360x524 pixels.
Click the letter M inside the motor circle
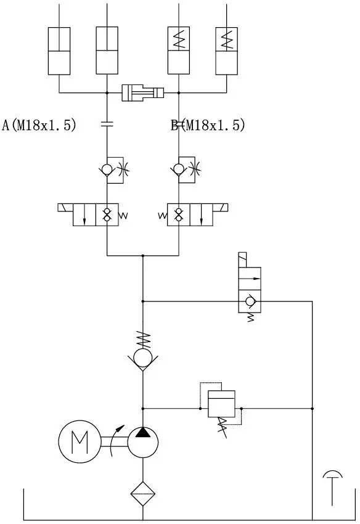pyautogui.click(x=80, y=441)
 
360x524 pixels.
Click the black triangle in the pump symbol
pyautogui.click(x=143, y=432)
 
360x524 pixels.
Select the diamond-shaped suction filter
pyautogui.click(x=143, y=494)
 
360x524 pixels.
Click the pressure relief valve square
pyautogui.click(x=221, y=404)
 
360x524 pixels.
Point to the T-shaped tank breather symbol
pyautogui.click(x=333, y=488)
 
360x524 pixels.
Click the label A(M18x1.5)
pyautogui.click(x=39, y=125)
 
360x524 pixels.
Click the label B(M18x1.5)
pyautogui.click(x=208, y=125)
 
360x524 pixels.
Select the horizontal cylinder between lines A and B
pyautogui.click(x=143, y=92)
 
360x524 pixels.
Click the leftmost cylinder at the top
pyautogui.click(x=59, y=51)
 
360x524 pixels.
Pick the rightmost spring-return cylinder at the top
pyautogui.click(x=227, y=51)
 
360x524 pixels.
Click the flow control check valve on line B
pyautogui.click(x=186, y=170)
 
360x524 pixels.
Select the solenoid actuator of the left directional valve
pyautogui.click(x=65, y=208)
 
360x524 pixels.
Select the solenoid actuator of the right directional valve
pyautogui.click(x=220, y=208)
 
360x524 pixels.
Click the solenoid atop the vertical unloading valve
pyautogui.click(x=242, y=260)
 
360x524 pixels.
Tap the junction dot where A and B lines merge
pyautogui.click(x=143, y=256)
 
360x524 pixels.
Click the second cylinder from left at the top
pyautogui.click(x=107, y=51)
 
